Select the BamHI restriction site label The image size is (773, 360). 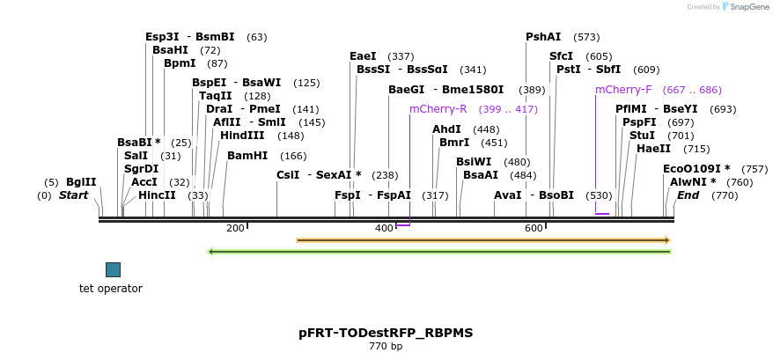tap(247, 156)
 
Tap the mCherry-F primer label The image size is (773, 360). tap(623, 90)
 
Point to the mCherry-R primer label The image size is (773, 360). tap(438, 109)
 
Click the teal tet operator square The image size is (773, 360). tap(113, 269)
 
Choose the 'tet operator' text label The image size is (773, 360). tap(111, 289)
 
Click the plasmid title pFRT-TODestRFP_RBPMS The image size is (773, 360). tap(386, 333)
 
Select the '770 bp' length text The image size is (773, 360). tap(386, 347)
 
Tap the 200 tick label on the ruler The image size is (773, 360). tap(235, 229)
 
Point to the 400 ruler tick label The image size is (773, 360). tap(384, 229)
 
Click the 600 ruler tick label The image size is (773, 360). tap(534, 229)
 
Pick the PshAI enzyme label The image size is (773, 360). tap(543, 37)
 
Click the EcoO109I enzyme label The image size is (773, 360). tap(691, 168)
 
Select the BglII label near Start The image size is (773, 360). tap(81, 182)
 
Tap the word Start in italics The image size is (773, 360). tap(74, 195)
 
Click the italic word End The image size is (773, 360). tap(688, 195)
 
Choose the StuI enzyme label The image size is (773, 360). tap(643, 136)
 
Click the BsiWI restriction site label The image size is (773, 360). tap(474, 162)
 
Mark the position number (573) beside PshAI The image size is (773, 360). tap(586, 37)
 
